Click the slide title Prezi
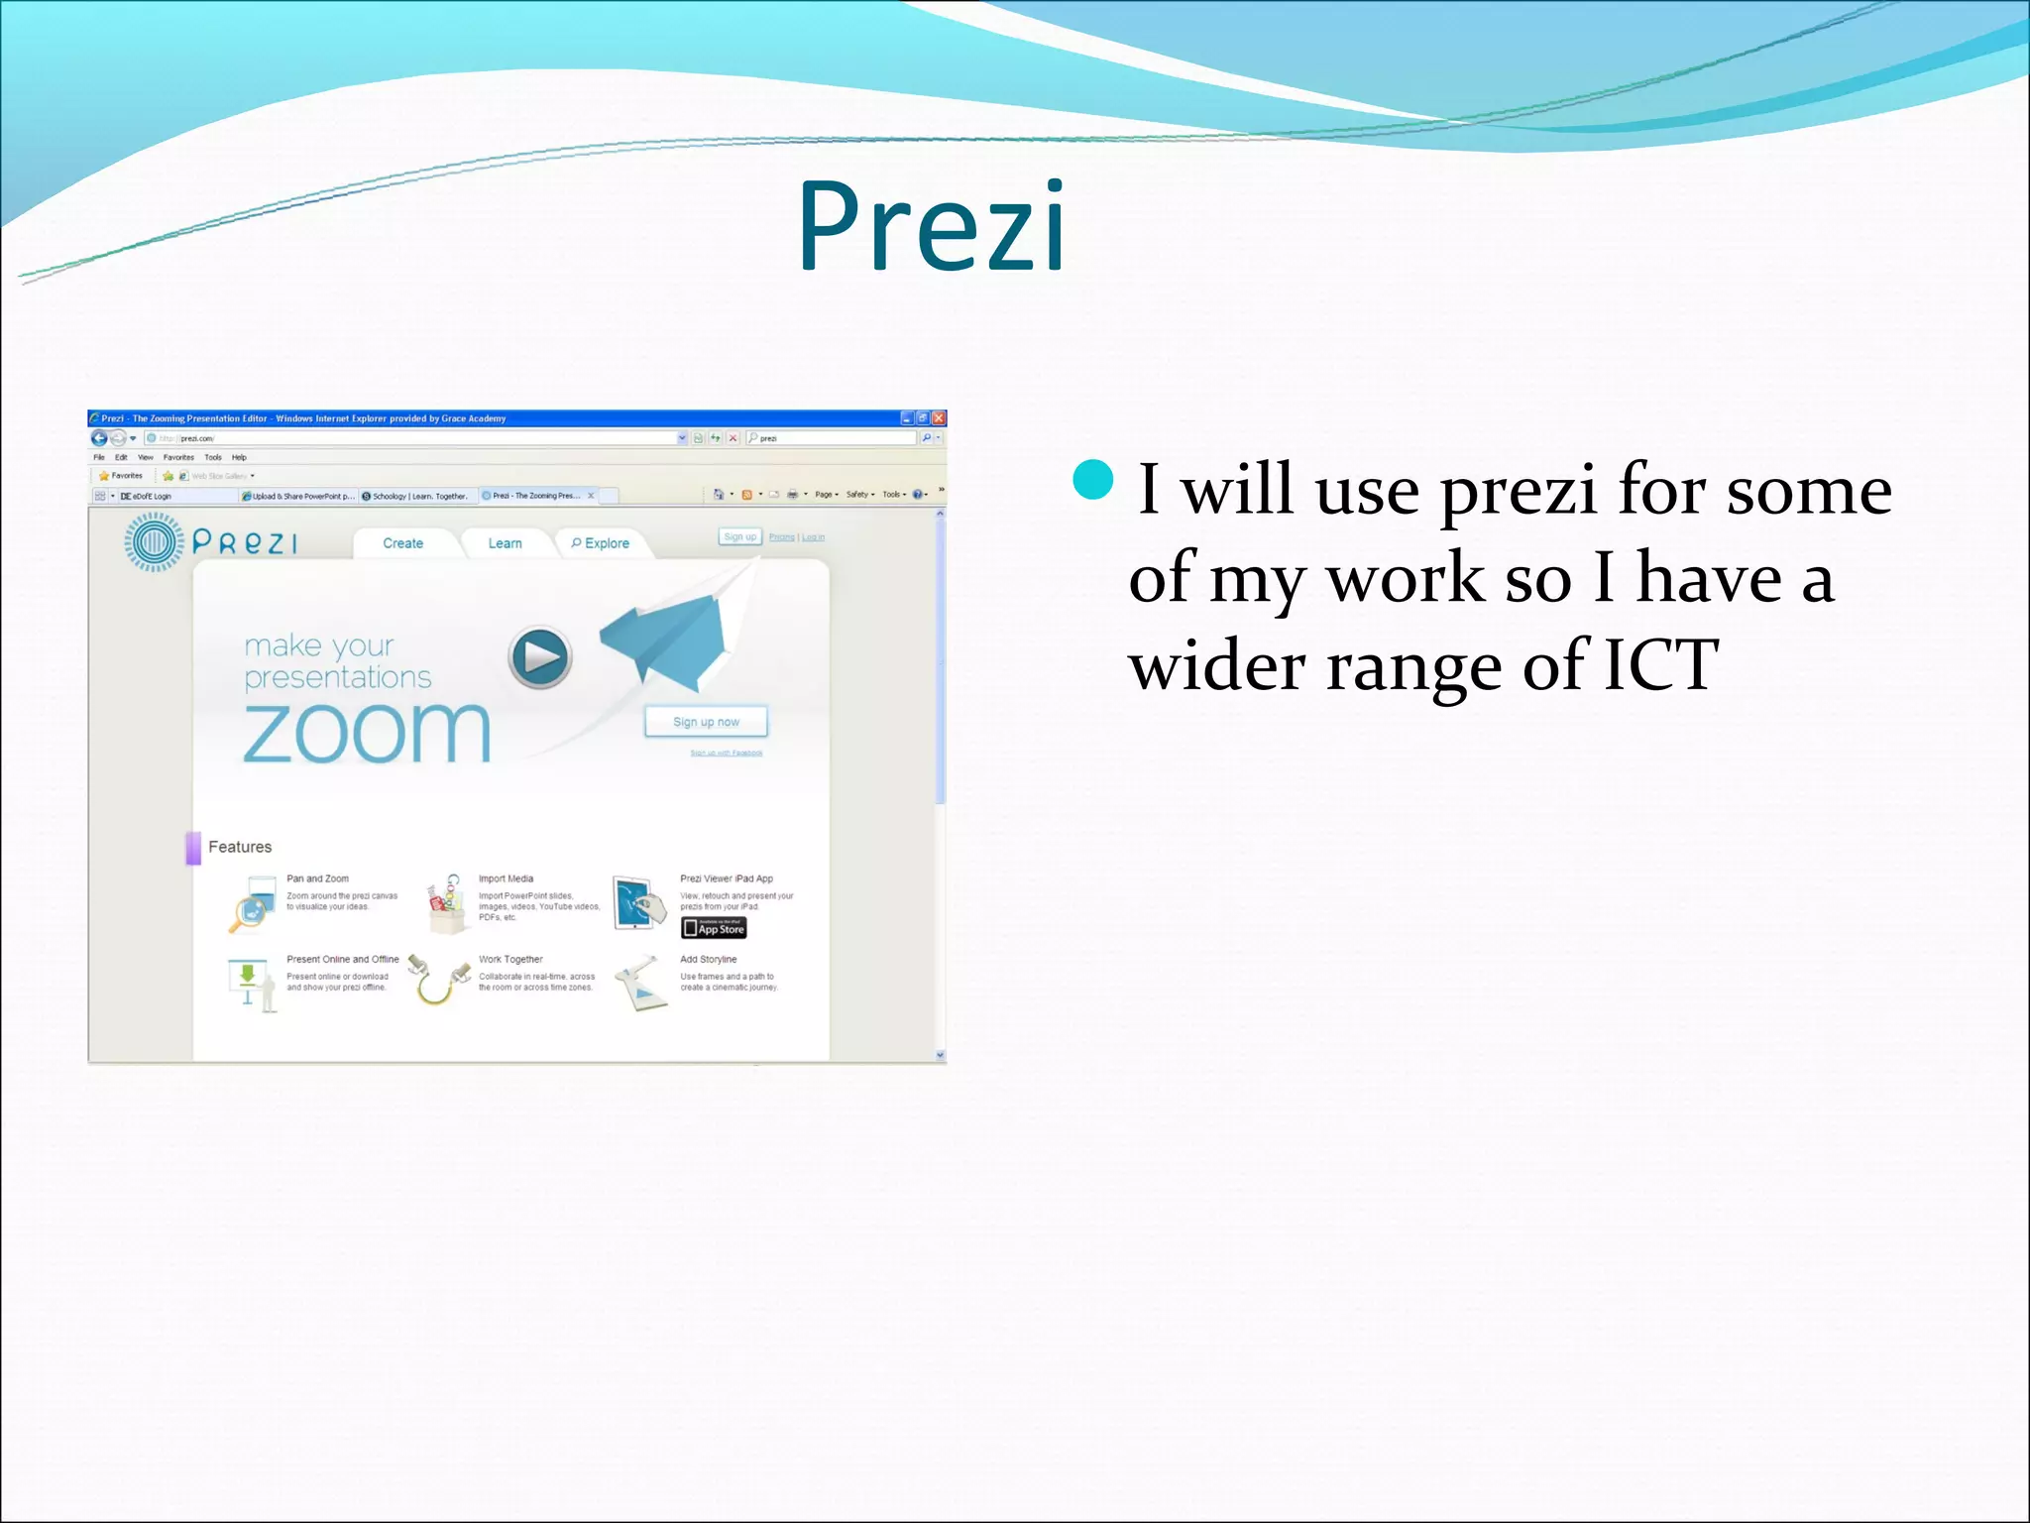[932, 227]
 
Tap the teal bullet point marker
[1093, 480]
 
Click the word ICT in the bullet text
[1661, 664]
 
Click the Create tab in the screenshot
[402, 543]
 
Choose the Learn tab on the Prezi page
[505, 543]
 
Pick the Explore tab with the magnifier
[601, 543]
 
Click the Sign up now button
[706, 722]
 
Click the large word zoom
[367, 734]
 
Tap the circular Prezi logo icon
[153, 541]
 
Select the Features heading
[240, 847]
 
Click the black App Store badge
[714, 928]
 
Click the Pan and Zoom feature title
[317, 879]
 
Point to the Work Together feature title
[510, 959]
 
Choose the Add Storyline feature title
[708, 959]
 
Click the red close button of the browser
[938, 418]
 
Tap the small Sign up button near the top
[739, 536]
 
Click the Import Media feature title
[506, 879]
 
